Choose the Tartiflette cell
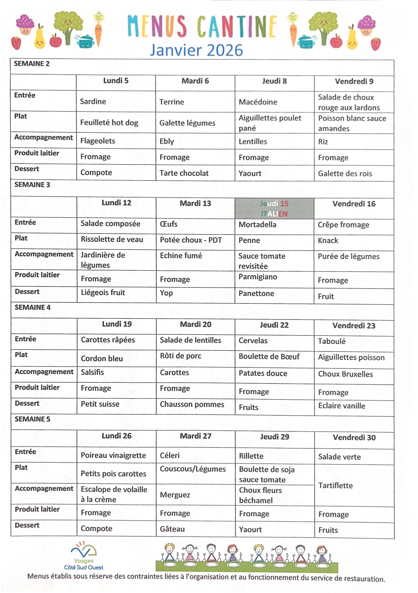click(x=335, y=486)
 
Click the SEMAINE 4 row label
click(x=33, y=307)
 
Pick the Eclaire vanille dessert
click(x=342, y=406)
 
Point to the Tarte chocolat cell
click(x=184, y=173)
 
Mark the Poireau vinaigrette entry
click(x=113, y=455)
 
